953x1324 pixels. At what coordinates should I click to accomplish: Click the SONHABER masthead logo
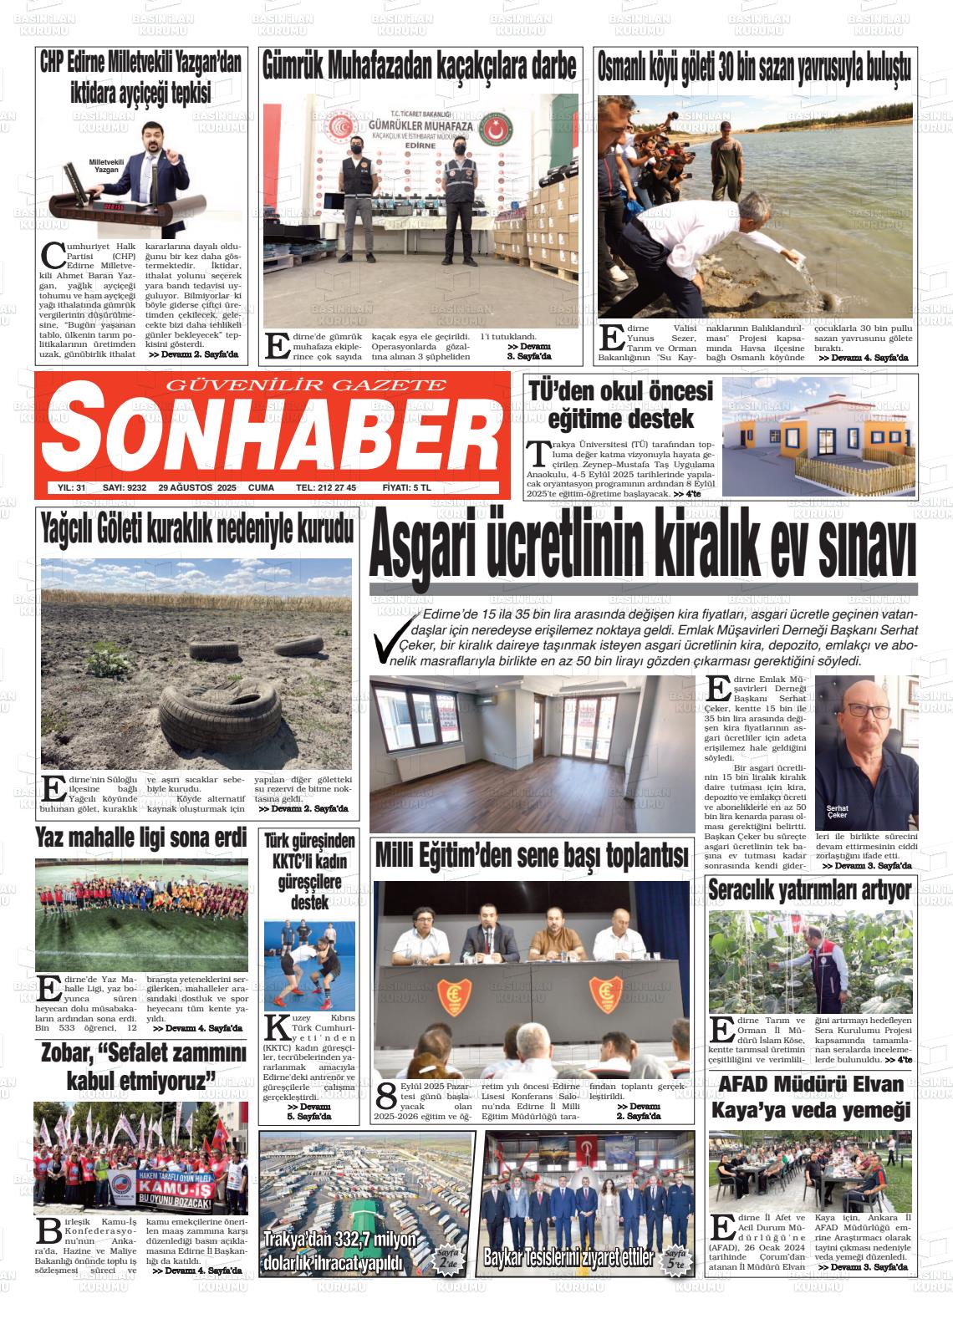coord(269,435)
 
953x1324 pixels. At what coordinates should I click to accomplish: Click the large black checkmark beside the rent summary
coord(393,640)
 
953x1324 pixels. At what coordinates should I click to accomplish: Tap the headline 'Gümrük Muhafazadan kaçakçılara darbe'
coord(420,65)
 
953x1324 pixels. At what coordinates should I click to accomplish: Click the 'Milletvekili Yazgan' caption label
coord(105,165)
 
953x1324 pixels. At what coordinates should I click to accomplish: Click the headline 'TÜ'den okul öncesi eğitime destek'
coord(620,405)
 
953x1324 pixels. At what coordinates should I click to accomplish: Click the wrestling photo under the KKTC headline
coord(308,965)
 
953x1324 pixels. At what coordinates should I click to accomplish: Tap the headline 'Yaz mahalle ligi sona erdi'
coord(141,838)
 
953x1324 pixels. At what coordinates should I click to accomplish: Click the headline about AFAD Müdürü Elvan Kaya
coord(810,1097)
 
